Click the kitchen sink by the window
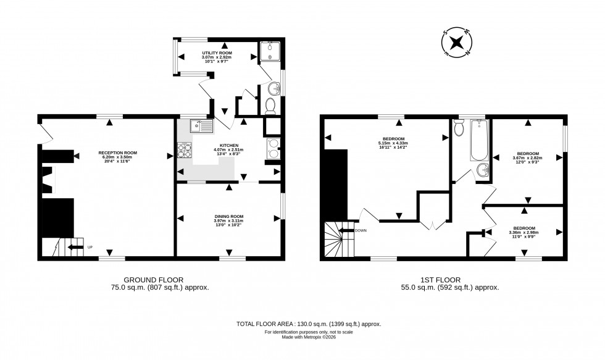tap(201, 126)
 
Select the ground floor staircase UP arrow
tap(75, 248)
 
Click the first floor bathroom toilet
tap(458, 127)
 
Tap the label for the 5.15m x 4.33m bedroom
tap(393, 141)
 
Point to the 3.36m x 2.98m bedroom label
tap(524, 232)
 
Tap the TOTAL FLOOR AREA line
tap(309, 324)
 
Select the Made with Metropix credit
tap(309, 338)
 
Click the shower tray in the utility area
tap(270, 52)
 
